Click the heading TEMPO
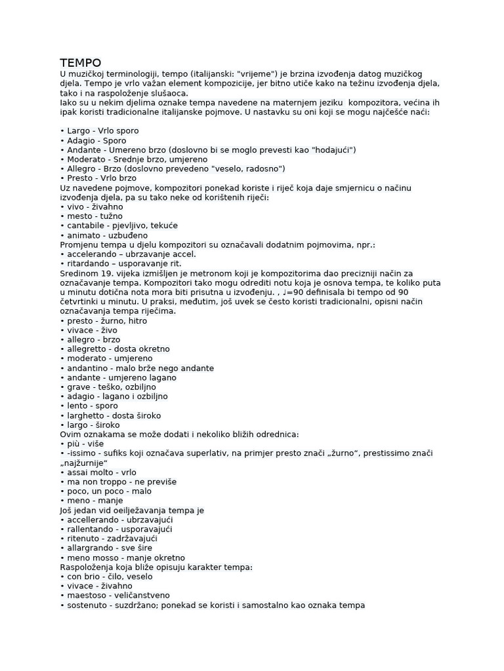click(81, 63)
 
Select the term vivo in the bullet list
click(77, 206)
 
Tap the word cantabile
click(89, 225)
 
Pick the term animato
click(85, 235)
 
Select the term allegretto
click(89, 349)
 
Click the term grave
click(79, 387)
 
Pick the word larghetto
click(89, 415)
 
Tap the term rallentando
click(93, 529)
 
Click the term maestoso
click(89, 596)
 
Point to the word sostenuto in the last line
click(89, 605)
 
